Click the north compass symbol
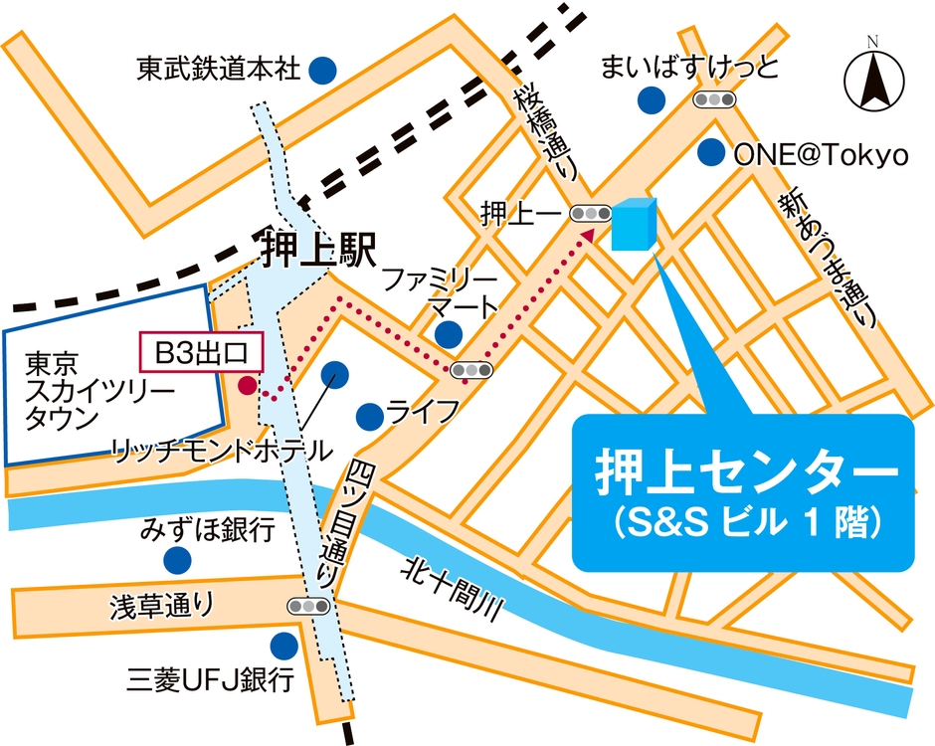(x=872, y=81)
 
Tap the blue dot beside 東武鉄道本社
(x=322, y=70)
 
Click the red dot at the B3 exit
(x=246, y=383)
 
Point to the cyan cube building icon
(x=634, y=224)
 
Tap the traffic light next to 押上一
(x=591, y=213)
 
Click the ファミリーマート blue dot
(x=449, y=332)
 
